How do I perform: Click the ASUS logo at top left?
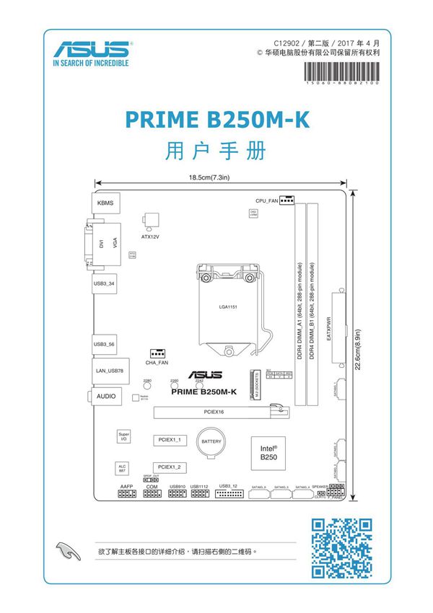[x=91, y=53]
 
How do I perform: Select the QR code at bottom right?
[x=341, y=548]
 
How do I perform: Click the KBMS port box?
[x=106, y=203]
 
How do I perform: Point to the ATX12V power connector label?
[x=150, y=236]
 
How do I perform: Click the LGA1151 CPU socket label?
[x=229, y=306]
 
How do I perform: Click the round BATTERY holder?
[x=211, y=441]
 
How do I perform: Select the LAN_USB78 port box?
[x=111, y=370]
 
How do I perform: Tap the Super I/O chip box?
[x=124, y=437]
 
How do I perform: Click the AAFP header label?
[x=126, y=487]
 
